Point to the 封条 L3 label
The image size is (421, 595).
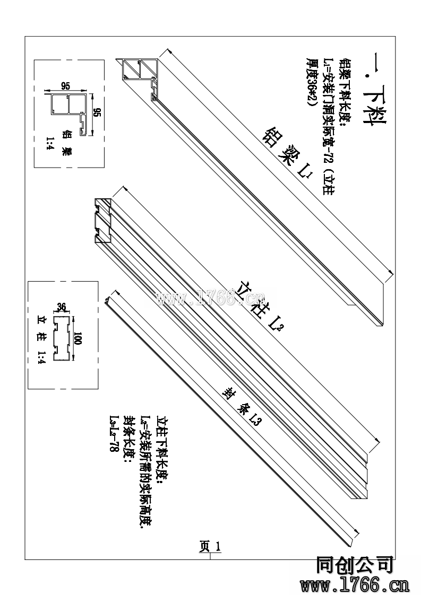[x=242, y=406]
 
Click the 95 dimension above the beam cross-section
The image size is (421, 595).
[x=66, y=85]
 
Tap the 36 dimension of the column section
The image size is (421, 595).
[x=61, y=307]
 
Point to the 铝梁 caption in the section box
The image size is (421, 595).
[x=67, y=143]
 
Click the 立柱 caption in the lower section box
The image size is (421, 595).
[x=42, y=329]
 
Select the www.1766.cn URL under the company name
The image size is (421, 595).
[x=354, y=585]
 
